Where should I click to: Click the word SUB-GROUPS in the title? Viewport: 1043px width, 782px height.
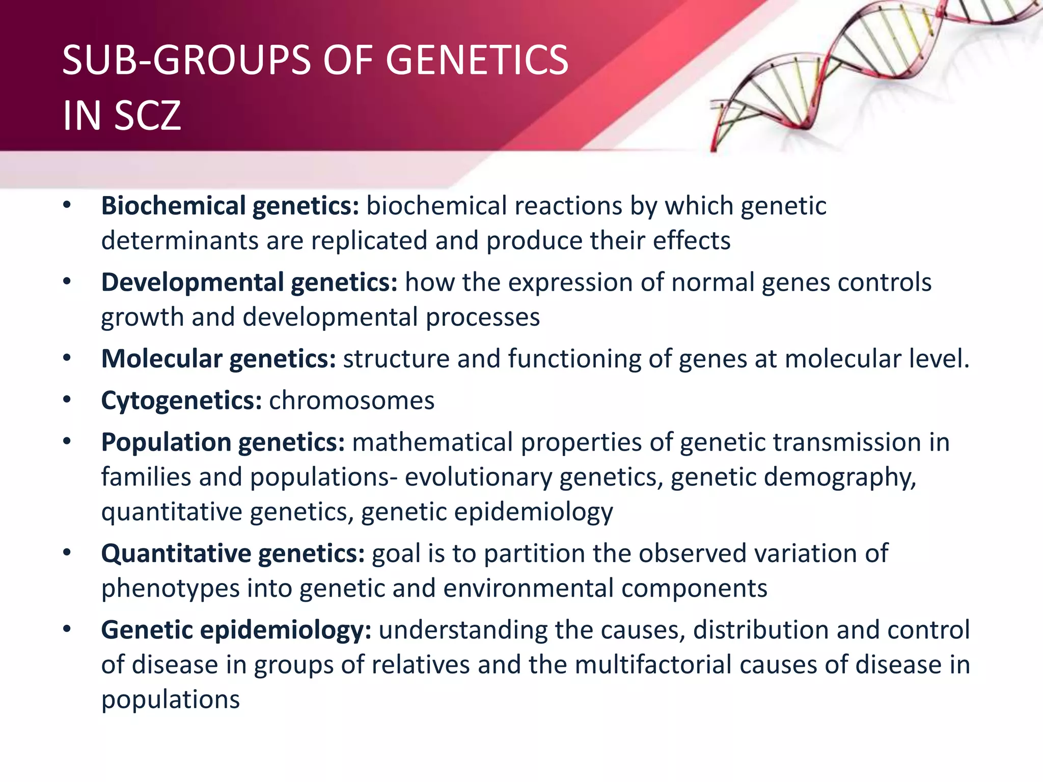point(186,60)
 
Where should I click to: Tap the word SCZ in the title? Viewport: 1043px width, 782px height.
point(147,116)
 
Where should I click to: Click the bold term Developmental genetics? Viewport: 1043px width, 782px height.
point(249,282)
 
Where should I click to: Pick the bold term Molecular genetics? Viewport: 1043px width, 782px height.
point(218,358)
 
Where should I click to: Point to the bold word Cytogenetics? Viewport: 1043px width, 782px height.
point(181,400)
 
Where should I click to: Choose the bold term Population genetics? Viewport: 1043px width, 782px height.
point(223,442)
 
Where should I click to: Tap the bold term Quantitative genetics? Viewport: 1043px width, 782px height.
point(233,553)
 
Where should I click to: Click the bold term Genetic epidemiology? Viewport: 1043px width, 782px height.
point(236,630)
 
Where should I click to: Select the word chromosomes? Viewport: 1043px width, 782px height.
point(351,400)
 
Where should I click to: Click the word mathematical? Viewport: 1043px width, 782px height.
point(432,442)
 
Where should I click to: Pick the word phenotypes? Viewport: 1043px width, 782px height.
point(170,589)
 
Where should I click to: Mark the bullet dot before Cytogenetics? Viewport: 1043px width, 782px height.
point(67,400)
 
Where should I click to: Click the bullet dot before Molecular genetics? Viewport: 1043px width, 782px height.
point(67,358)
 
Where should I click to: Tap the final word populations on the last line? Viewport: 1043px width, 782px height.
point(170,700)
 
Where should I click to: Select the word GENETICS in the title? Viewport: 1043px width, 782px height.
point(477,60)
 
